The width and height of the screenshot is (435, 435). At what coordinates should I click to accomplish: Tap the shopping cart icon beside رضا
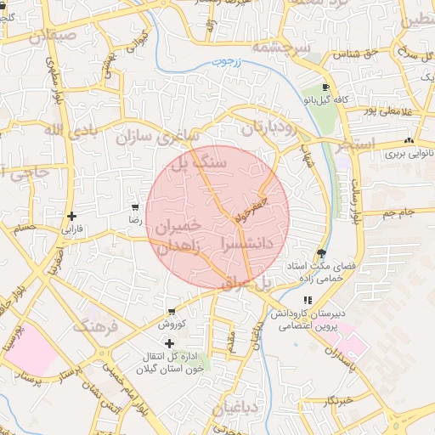click(134, 207)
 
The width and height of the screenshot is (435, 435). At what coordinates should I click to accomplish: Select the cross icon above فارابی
click(72, 217)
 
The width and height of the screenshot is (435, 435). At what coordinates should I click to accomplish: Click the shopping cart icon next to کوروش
click(172, 312)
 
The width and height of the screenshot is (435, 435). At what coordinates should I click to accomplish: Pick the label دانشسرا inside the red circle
click(246, 242)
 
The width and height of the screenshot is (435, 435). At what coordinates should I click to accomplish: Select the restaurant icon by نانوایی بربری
click(410, 141)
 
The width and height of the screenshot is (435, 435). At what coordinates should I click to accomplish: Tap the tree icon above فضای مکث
click(320, 253)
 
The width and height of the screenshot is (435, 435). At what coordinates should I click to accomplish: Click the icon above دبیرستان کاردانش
click(308, 300)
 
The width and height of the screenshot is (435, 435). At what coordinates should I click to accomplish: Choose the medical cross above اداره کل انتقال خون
click(170, 342)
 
